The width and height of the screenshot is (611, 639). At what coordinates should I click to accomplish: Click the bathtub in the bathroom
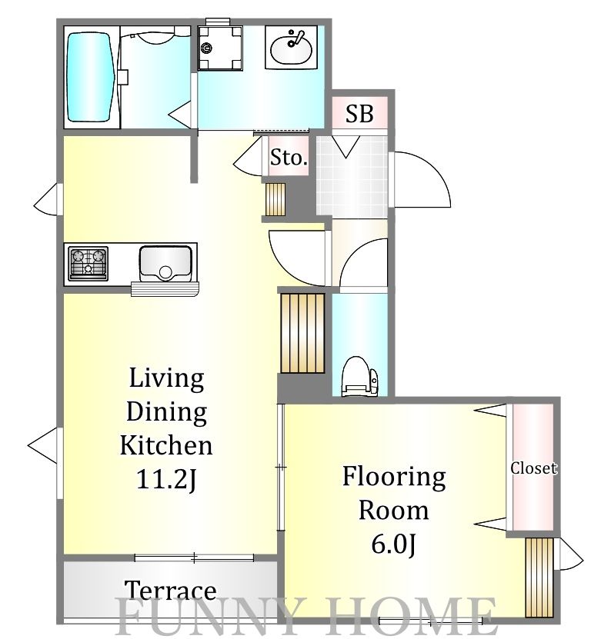[x=90, y=77]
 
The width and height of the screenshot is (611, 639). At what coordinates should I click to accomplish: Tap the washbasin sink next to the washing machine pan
[x=291, y=48]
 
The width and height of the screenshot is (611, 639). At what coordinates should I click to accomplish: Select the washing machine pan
[x=220, y=48]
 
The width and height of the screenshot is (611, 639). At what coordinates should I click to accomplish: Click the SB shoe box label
[x=359, y=114]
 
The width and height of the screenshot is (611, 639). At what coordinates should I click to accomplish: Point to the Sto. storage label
[x=289, y=158]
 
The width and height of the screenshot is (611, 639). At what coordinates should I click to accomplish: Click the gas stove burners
[x=88, y=264]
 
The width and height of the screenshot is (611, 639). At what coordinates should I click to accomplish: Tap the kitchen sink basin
[x=165, y=264]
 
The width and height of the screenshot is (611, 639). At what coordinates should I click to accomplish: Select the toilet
[x=359, y=376]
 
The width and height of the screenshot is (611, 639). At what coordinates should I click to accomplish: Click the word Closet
[x=533, y=468]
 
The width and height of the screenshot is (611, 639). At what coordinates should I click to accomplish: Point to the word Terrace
[x=171, y=591]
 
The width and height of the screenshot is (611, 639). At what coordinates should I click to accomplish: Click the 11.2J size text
[x=166, y=479]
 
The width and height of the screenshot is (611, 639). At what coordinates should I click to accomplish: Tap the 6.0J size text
[x=393, y=544]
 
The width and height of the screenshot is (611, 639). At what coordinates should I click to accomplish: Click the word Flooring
[x=394, y=477]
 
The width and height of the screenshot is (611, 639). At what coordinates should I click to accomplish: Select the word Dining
[x=166, y=412]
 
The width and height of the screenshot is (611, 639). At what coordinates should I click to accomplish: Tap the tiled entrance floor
[x=352, y=175]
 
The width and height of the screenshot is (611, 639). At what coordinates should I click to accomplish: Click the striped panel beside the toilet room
[x=302, y=334]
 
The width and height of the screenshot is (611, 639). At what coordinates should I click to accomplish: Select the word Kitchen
[x=166, y=445]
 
